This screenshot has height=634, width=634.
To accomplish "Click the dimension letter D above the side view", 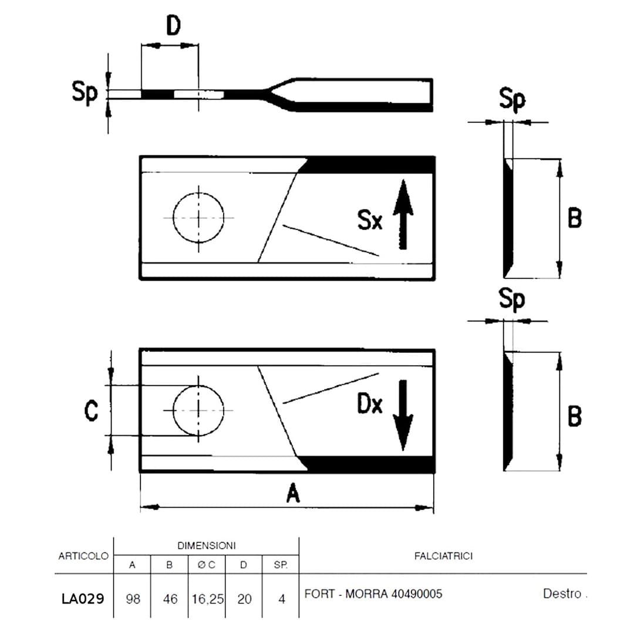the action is tap(173, 26).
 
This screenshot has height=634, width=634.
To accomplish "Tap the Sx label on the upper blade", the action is tap(370, 220).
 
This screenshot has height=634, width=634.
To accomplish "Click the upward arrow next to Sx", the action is tap(403, 214).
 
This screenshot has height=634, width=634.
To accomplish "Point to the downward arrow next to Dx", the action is tap(403, 415).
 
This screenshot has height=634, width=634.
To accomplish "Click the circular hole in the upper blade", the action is tap(198, 193).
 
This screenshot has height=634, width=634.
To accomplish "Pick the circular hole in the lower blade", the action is tap(198, 385).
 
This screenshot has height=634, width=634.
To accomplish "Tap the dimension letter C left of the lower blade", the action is tap(92, 411).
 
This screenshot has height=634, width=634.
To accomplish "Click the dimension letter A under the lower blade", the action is tap(293, 493).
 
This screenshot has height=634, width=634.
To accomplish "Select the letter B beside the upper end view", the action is tap(575, 218).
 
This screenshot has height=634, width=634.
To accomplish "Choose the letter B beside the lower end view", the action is tap(575, 416).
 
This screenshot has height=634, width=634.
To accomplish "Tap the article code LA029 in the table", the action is tap(83, 598).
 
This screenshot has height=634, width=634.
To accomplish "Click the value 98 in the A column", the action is tap(133, 599).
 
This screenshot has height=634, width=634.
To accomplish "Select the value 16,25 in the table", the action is tap(207, 599).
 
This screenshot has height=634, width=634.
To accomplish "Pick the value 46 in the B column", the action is tap(170, 599).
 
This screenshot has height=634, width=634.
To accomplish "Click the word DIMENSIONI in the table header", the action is tap(207, 546).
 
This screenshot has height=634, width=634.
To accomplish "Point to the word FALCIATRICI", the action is tap(444, 557).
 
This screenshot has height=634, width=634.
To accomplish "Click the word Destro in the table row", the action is tap(562, 593).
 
